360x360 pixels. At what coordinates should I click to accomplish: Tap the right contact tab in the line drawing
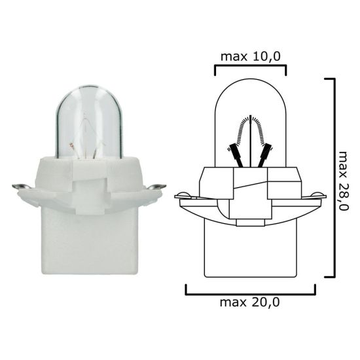317,195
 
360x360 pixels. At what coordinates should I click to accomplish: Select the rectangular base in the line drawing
251,252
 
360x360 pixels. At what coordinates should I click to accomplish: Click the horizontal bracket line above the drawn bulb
251,65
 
